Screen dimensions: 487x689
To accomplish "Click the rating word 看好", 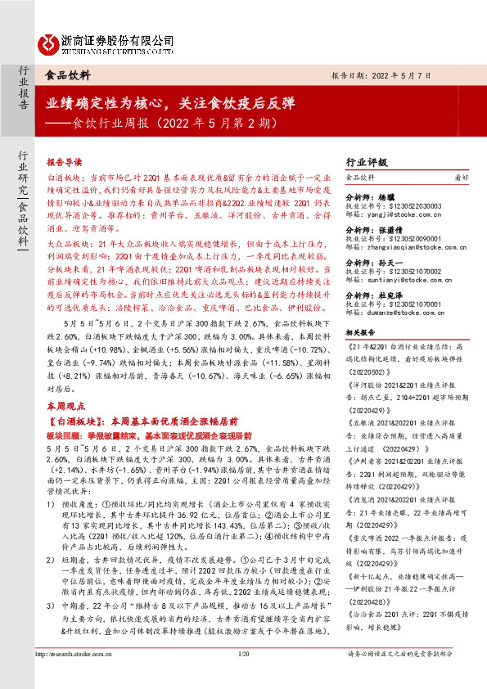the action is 462,176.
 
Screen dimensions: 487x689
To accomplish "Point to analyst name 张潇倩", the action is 393,230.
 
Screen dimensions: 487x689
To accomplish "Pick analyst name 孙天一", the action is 393,264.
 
